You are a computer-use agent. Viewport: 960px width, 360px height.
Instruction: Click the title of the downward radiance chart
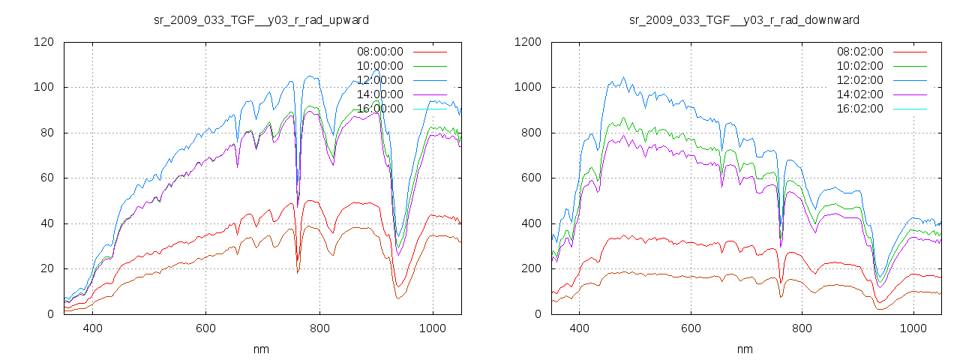tap(744, 19)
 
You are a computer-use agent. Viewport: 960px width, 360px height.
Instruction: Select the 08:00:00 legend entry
tap(379, 52)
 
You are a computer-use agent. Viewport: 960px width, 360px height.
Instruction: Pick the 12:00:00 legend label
tap(379, 80)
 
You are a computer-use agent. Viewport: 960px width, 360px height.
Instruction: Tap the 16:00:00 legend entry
tap(379, 109)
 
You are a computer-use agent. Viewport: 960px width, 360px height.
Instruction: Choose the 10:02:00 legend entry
tap(860, 66)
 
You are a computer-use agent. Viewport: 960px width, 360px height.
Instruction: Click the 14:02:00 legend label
tap(860, 94)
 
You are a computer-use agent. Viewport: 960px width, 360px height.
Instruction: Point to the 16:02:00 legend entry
tap(860, 109)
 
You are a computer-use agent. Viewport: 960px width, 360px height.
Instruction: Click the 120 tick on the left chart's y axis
tap(43, 42)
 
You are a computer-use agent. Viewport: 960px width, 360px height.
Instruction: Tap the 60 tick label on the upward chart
tap(46, 178)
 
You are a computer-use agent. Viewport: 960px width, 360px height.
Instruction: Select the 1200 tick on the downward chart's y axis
tap(527, 42)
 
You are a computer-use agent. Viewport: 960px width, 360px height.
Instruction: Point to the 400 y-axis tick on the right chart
tap(530, 223)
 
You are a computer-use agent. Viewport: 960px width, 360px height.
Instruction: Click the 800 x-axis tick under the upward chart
tap(319, 328)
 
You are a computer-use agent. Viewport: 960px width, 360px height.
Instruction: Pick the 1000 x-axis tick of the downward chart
tap(913, 328)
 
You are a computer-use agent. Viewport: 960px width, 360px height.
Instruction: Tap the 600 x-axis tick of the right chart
tap(691, 328)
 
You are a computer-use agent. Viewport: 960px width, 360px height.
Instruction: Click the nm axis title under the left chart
tap(261, 349)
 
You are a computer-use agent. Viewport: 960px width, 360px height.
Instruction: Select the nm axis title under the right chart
tap(744, 349)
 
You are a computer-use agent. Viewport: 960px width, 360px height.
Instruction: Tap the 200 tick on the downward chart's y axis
tap(530, 268)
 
